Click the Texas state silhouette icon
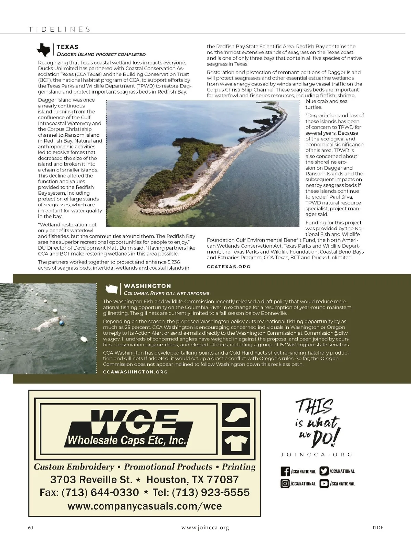43,50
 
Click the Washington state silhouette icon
111,289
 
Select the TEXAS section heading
67,47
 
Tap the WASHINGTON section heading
147,286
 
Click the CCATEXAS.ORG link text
228,267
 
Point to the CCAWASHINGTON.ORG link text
135,372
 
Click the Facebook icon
285,471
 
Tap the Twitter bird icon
324,471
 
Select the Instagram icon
285,484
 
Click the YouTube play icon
324,484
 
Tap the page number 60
30,528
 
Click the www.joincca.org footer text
205,528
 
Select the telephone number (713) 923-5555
211,492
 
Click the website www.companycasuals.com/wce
145,506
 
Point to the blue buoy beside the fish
61,322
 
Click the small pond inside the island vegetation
195,156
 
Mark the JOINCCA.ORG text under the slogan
316,455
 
